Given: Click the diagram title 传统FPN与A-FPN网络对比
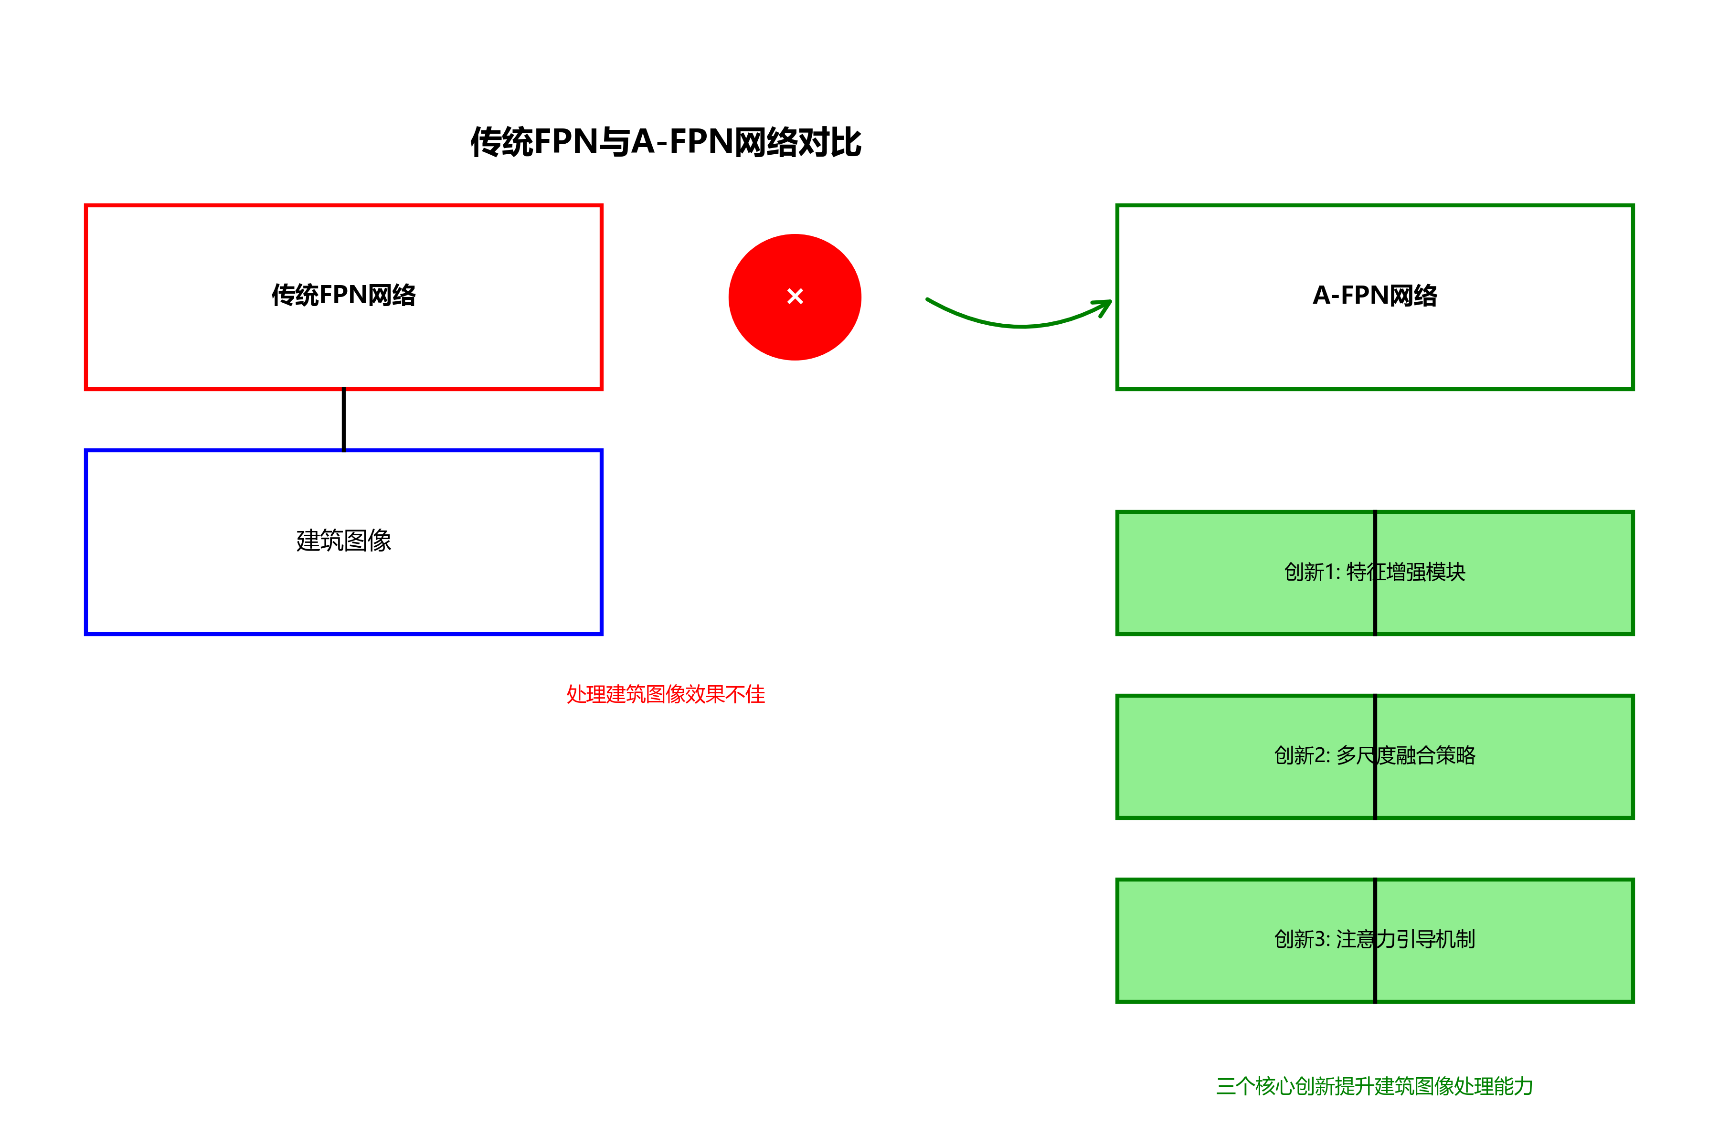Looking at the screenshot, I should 665,142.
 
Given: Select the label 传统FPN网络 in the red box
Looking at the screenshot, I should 343,295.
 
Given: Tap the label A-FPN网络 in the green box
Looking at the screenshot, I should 1374,295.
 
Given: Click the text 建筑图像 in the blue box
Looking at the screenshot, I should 343,541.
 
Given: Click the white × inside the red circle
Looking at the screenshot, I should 795,296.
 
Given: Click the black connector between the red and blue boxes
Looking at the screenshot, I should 343,420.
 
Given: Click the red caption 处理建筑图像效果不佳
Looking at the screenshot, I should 665,694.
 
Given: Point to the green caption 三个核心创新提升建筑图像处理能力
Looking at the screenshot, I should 1374,1086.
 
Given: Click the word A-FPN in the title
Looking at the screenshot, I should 681,142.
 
